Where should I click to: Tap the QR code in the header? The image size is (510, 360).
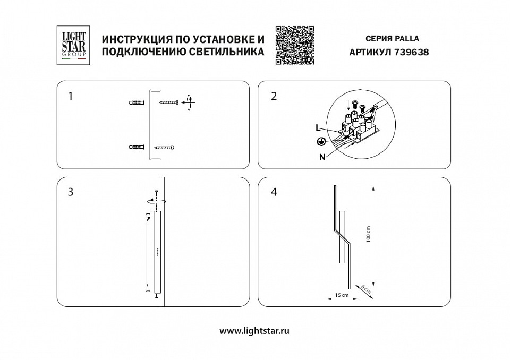point(295,45)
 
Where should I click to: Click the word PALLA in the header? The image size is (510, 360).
point(407,39)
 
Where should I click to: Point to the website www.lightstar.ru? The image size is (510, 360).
point(254,330)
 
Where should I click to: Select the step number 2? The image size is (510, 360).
point(274,96)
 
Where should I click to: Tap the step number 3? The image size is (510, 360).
point(71,192)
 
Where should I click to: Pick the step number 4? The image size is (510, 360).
point(274,192)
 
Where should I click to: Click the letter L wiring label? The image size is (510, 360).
point(318,128)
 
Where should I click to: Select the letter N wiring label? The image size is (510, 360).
point(322,157)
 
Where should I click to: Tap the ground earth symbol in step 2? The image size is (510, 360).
point(320,142)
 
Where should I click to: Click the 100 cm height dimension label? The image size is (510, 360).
point(368,234)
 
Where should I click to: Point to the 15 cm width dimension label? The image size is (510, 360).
point(342,295)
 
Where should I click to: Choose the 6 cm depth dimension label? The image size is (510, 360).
point(365,289)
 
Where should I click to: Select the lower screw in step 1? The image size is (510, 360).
point(165,147)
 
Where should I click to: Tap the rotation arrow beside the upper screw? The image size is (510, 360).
point(188,102)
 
